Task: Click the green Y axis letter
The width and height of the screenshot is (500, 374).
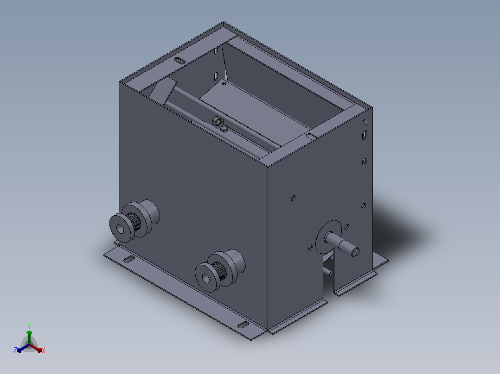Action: [x=29, y=326]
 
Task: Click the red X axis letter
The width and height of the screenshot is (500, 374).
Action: [x=44, y=350]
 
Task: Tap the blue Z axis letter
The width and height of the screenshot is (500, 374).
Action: [x=15, y=350]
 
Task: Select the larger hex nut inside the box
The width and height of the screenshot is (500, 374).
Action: [x=217, y=121]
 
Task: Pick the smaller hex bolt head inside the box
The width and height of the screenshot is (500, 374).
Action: [x=224, y=129]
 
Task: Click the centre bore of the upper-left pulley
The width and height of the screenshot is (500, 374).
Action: [x=120, y=229]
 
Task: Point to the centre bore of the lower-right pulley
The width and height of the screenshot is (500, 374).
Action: [x=205, y=279]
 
